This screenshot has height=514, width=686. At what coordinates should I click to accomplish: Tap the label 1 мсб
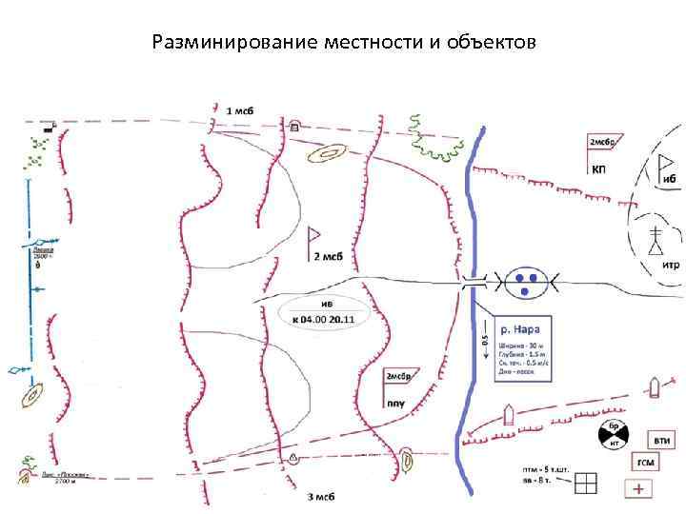241,111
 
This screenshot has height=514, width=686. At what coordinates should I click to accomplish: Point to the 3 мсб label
320,497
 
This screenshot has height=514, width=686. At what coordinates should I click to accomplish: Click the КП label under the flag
600,169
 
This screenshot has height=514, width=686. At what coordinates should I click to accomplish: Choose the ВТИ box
661,440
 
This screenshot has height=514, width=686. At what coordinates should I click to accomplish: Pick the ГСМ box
646,463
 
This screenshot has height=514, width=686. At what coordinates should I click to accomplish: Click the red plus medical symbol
638,489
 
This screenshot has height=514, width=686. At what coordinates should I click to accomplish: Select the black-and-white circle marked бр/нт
615,436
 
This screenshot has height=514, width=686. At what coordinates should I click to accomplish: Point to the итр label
670,266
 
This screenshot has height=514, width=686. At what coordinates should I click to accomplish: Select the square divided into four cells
586,484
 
